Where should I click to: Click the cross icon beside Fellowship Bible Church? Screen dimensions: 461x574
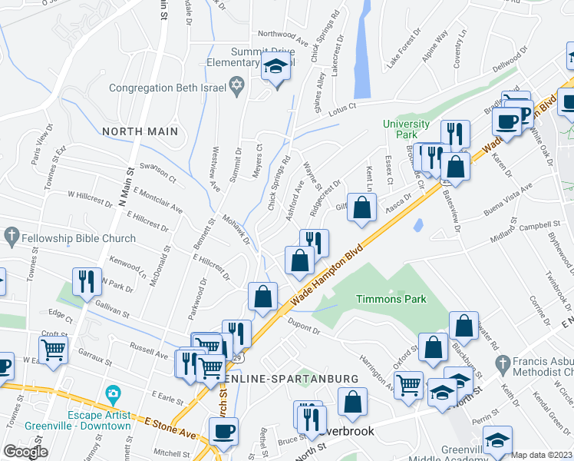(x=11, y=234)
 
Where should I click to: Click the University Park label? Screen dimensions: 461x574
(x=407, y=129)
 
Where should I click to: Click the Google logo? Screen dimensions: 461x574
(x=25, y=452)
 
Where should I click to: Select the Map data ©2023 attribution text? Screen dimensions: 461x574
(x=542, y=455)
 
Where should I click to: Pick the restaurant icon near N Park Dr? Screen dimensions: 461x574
(x=84, y=282)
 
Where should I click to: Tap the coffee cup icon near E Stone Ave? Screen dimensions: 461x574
(x=223, y=432)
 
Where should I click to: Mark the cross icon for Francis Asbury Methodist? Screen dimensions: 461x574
(x=503, y=363)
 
